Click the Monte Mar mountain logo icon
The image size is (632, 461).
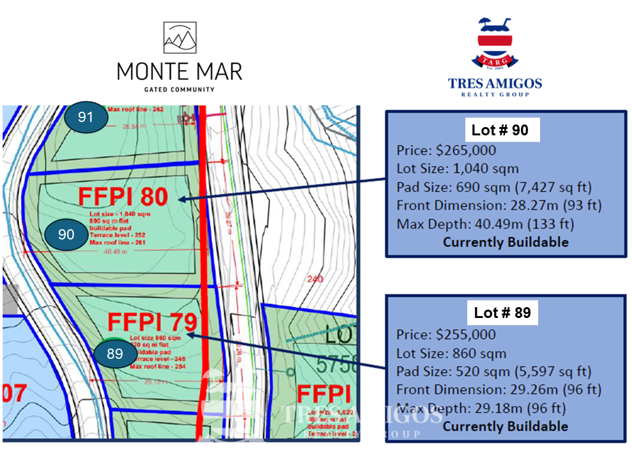click(x=179, y=39)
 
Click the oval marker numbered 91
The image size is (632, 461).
click(x=85, y=117)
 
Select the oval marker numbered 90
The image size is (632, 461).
click(x=66, y=234)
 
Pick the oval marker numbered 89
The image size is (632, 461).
click(x=114, y=354)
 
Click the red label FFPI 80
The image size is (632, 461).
click(x=123, y=197)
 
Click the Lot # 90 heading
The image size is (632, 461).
click(x=500, y=130)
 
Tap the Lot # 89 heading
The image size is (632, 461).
click(x=502, y=314)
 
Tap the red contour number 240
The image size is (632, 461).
click(x=315, y=279)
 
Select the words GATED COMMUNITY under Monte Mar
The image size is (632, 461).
click(x=179, y=89)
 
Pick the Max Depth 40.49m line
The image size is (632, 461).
click(x=485, y=224)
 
